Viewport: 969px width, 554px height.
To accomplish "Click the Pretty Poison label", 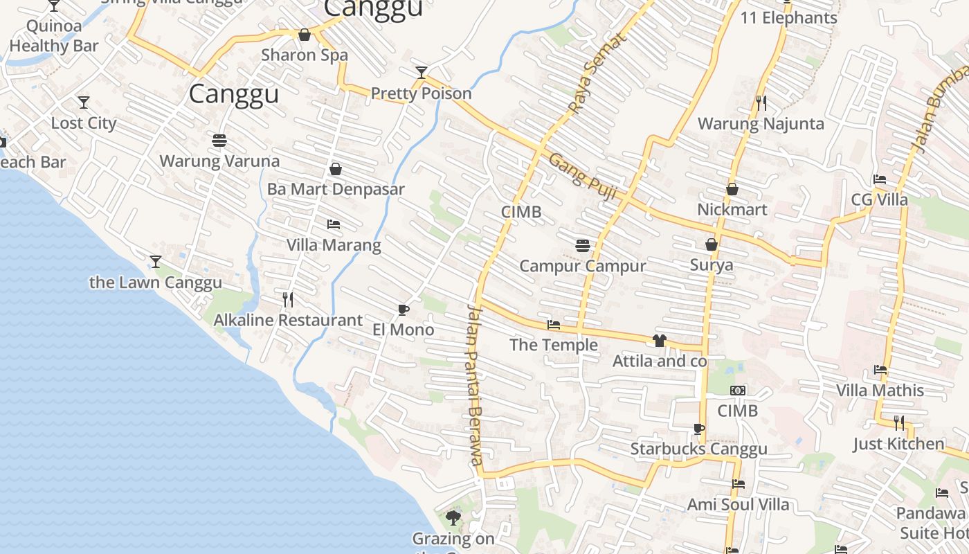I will (421, 93).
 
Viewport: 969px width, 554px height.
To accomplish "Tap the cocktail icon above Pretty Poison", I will (421, 72).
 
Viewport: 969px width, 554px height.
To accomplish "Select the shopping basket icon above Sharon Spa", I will (304, 35).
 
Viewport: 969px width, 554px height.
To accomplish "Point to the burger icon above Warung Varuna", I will (219, 141).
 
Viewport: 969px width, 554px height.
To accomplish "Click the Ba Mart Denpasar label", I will (336, 189).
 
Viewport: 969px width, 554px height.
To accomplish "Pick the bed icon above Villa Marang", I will (334, 224).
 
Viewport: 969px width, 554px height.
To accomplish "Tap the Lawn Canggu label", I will (156, 283).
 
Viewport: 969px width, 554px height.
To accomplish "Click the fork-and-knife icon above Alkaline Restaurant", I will (288, 299).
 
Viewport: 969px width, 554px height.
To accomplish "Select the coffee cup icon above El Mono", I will (404, 310).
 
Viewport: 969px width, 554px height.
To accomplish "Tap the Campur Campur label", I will (582, 266).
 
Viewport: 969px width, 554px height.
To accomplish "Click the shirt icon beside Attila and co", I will (659, 340).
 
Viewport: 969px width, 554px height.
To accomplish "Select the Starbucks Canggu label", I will (698, 449).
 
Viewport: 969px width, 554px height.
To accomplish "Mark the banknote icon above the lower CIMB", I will (738, 391).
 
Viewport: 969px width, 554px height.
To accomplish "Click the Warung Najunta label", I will (761, 124).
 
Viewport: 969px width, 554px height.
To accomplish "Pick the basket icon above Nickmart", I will (732, 189).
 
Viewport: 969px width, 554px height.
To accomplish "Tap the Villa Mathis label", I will (880, 391).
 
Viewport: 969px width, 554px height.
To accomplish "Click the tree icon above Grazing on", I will (453, 517).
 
